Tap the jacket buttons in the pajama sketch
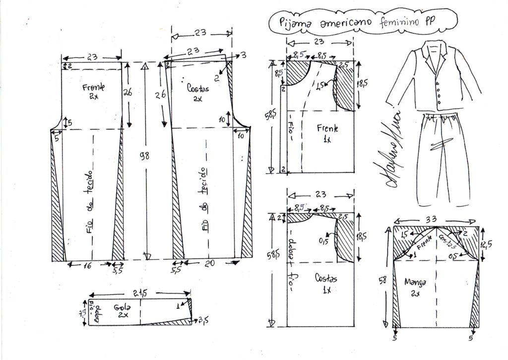pos(438,92)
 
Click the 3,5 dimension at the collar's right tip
pos(202,321)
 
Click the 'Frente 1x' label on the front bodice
pos(327,133)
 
